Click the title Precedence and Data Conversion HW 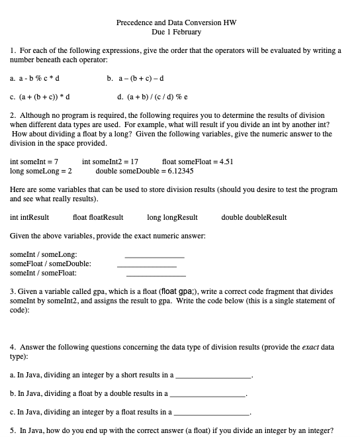(176, 23)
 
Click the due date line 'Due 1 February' (176, 32)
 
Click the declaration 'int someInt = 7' (34, 162)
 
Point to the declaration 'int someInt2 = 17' (110, 162)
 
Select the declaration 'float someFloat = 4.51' (197, 162)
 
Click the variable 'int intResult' (30, 217)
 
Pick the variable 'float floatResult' (98, 217)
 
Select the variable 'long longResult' (172, 217)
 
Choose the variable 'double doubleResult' (253, 217)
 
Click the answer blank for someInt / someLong (154, 256)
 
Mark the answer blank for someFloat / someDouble (146, 266)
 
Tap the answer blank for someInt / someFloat (156, 275)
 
